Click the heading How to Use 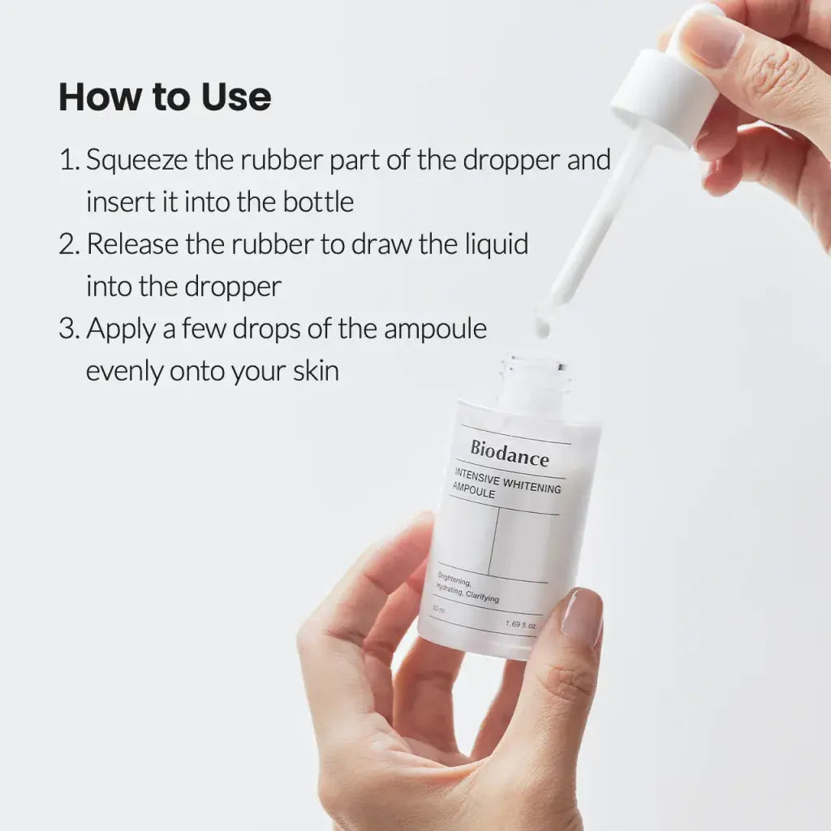click(165, 97)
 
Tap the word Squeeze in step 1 click(137, 160)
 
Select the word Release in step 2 click(133, 244)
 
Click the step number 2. click(67, 244)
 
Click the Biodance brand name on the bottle click(509, 454)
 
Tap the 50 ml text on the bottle click(439, 608)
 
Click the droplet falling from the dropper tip click(541, 327)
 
